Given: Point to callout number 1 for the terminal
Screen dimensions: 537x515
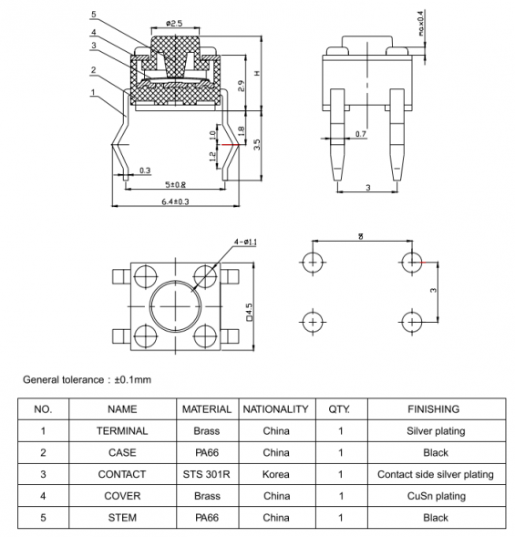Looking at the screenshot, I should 95,92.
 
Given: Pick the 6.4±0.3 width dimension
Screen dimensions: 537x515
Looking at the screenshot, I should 174,201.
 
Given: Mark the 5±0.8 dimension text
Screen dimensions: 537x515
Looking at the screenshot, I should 175,185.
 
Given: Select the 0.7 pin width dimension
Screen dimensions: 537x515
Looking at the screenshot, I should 360,135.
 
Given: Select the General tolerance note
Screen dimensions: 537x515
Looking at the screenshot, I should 87,379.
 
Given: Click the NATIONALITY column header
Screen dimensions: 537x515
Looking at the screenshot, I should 276,409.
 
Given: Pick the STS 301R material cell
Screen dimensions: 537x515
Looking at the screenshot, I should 207,474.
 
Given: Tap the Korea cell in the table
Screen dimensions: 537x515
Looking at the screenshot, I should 276,474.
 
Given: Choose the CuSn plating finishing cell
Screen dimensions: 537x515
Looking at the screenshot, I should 435,496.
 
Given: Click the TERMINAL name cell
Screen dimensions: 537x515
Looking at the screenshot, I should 121,430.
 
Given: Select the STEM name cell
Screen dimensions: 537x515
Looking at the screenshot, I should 121,518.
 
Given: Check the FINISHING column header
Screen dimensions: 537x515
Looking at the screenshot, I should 435,409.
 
